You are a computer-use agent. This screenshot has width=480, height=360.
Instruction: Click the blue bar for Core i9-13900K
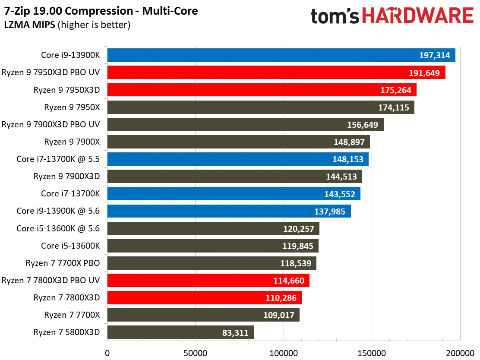click(281, 55)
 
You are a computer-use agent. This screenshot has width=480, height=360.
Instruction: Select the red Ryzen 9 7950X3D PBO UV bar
click(276, 73)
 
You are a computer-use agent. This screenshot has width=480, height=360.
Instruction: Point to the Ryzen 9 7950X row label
click(72, 107)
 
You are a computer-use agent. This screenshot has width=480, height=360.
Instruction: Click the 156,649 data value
click(363, 125)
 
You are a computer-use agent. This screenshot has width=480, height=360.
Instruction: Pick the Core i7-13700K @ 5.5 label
click(58, 159)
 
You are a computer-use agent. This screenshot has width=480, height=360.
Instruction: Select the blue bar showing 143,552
click(234, 194)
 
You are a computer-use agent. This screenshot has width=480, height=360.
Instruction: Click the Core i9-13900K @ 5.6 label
click(58, 211)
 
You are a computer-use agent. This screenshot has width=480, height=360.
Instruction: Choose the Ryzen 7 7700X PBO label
click(63, 263)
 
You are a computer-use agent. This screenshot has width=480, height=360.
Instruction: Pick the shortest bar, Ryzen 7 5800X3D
click(180, 332)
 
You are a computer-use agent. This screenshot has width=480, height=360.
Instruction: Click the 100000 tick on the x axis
click(284, 353)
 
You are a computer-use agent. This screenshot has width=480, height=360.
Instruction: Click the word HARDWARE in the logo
click(418, 16)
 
